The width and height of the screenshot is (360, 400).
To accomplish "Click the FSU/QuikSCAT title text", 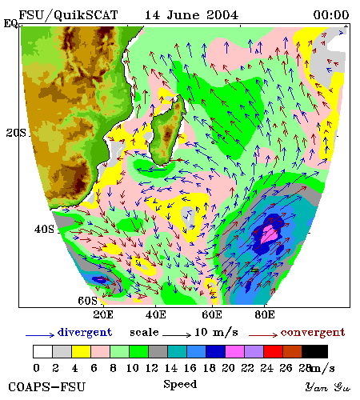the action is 68,15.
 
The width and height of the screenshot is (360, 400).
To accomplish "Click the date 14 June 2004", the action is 191,15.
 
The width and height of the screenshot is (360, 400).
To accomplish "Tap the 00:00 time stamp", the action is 331,15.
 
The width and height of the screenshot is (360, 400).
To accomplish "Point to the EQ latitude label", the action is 10,23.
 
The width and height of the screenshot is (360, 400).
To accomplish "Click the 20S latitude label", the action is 16,133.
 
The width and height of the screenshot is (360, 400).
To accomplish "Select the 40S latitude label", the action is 44,229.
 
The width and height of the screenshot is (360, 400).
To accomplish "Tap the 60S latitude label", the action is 87,301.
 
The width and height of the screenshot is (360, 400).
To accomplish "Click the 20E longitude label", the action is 103,314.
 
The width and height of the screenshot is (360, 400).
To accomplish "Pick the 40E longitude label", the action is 156,314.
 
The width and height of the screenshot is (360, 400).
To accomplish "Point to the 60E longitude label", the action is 212,314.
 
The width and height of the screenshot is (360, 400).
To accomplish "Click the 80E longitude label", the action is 265,314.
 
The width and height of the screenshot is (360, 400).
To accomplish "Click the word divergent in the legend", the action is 85,333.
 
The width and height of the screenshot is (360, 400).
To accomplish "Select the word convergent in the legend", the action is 313,333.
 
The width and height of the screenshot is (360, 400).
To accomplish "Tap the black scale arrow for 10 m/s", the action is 177,334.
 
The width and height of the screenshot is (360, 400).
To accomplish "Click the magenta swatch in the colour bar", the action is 235,351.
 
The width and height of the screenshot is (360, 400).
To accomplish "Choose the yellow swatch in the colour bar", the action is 81,351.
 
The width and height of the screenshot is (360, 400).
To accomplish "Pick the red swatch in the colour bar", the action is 274,351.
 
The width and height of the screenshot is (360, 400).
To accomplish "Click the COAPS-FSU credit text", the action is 46,387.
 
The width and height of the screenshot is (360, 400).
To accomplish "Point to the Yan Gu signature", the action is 328,387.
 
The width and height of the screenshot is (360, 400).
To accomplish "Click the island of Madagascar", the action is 166,130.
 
